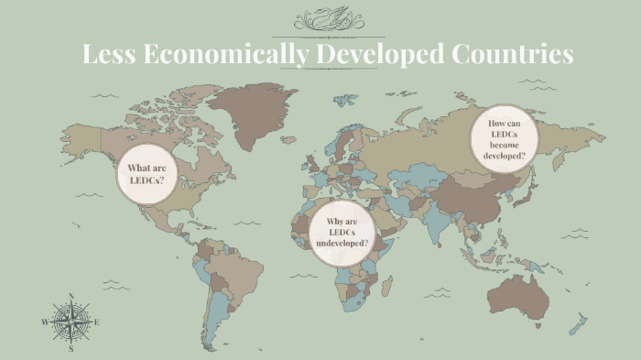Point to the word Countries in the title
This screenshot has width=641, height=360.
click(x=513, y=54)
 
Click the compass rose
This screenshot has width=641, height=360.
click(x=71, y=322)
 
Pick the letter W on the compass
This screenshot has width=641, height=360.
click(x=44, y=322)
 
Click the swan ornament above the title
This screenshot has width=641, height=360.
click(x=328, y=19)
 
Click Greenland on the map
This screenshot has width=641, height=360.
click(x=247, y=115)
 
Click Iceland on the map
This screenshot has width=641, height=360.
click(x=288, y=139)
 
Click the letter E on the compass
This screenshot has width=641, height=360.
click(x=97, y=322)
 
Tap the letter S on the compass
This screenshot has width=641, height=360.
click(x=71, y=349)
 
